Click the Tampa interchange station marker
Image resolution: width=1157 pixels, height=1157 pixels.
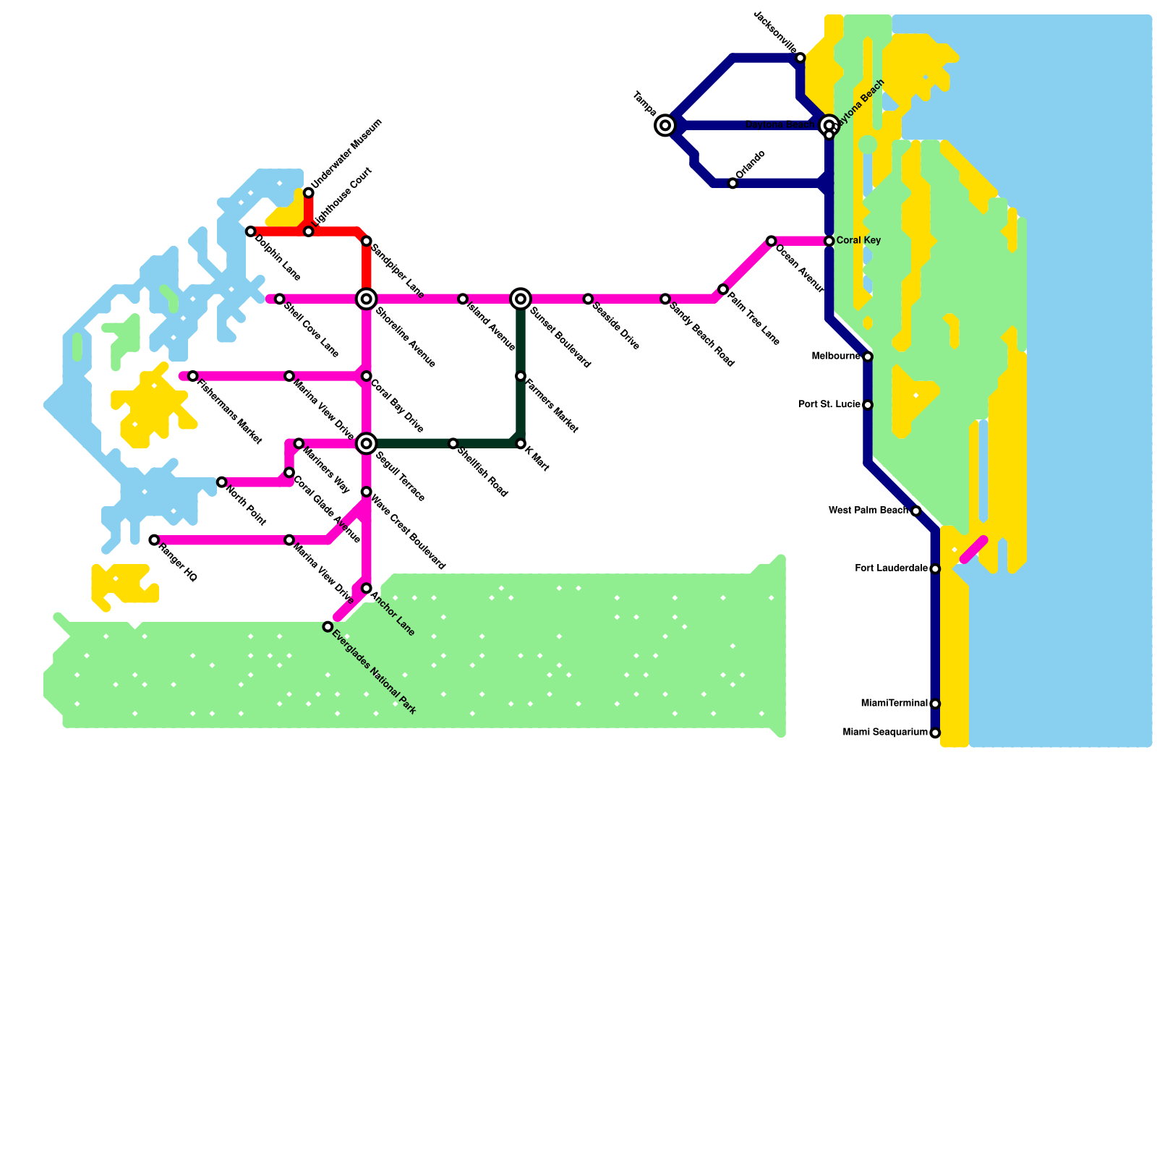coord(665,126)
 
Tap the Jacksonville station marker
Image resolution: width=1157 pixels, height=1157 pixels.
coord(800,58)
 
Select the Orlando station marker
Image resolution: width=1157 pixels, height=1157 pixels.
coord(733,184)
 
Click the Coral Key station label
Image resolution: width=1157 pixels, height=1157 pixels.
coord(858,241)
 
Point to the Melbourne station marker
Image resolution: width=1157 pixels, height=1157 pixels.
coord(868,357)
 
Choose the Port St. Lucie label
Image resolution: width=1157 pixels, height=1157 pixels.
coord(829,405)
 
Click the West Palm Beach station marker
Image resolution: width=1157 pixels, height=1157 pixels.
coord(915,511)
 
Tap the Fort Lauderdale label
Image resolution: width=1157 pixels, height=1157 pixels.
coord(891,569)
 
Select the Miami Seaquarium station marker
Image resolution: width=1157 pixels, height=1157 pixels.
coord(935,733)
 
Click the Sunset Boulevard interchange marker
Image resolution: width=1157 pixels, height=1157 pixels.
coord(521,299)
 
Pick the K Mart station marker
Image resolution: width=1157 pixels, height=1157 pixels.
coord(521,444)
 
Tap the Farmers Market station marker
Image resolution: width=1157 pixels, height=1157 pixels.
coord(521,376)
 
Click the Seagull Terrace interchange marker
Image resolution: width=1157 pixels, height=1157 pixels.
coord(367,443)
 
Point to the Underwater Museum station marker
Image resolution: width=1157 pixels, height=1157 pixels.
coord(309,192)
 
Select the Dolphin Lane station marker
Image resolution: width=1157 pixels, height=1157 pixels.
coord(250,231)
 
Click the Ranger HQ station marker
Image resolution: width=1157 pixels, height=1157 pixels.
coord(154,540)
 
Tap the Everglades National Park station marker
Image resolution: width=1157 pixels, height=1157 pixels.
coord(328,627)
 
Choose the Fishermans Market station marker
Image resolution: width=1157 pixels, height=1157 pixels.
coord(192,376)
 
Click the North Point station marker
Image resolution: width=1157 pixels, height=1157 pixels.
coord(221,482)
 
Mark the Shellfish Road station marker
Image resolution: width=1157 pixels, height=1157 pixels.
coord(453,444)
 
